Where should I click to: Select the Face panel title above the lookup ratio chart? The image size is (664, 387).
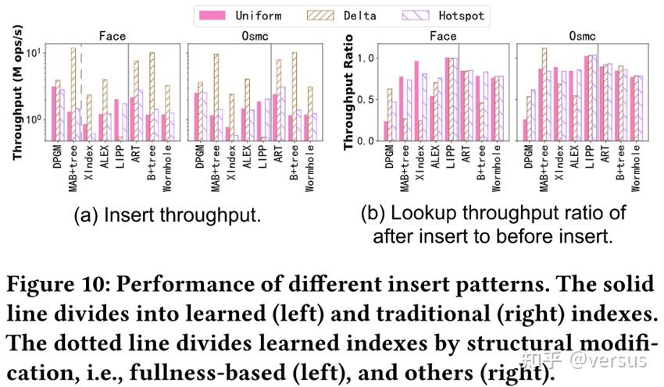442,36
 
